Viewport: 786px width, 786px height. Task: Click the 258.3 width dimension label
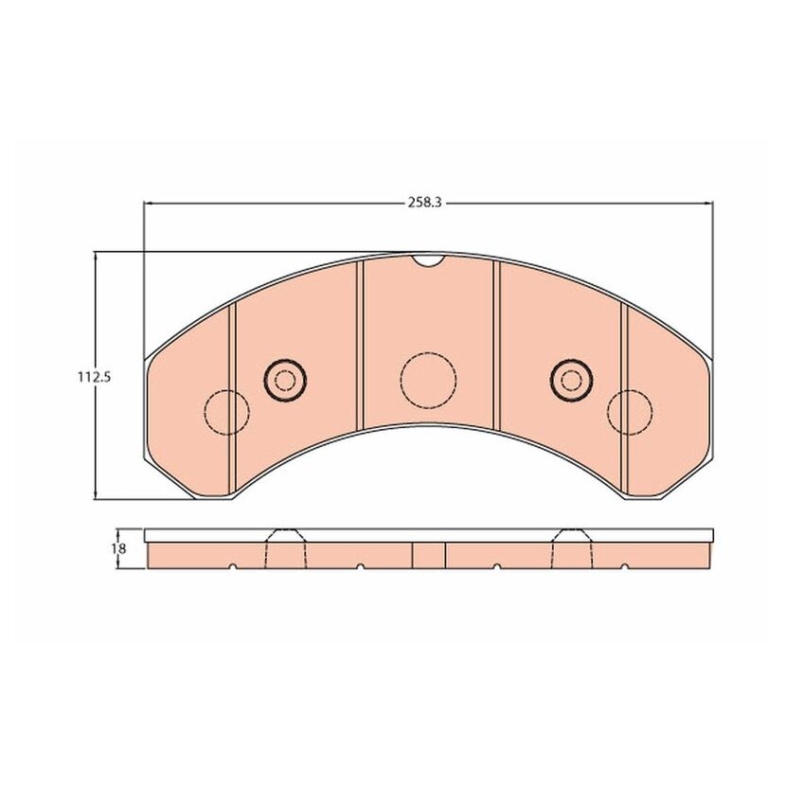424,203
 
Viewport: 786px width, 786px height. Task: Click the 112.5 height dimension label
93,377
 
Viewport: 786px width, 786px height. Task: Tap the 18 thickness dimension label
118,548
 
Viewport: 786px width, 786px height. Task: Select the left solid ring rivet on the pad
285,380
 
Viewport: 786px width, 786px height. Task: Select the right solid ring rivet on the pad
571,380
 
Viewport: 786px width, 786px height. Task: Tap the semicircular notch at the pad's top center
428,259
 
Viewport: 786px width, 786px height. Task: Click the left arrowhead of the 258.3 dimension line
148,204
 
